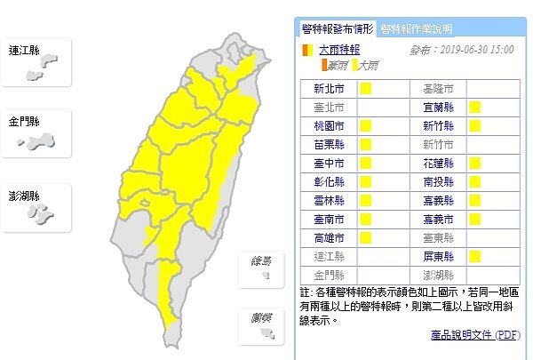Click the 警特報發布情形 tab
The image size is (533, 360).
pyautogui.click(x=338, y=28)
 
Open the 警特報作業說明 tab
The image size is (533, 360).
pyautogui.click(x=416, y=28)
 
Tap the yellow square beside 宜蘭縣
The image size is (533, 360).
pyautogui.click(x=475, y=108)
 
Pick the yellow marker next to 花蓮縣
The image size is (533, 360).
pyautogui.click(x=475, y=164)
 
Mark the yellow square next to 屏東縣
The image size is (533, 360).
pyautogui.click(x=475, y=256)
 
